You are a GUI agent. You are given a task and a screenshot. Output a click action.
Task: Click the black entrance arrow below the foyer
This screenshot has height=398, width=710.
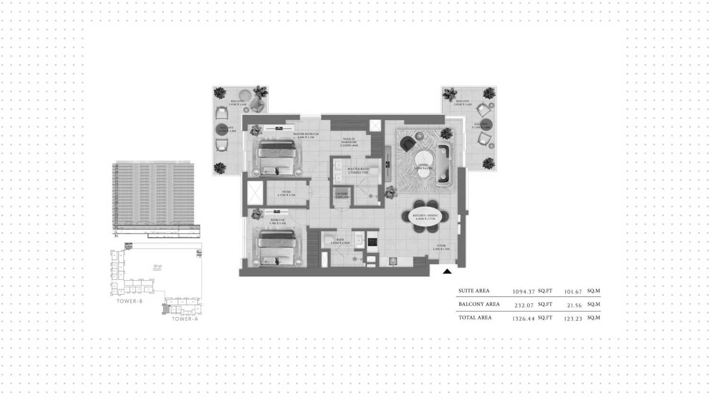[x=447, y=271]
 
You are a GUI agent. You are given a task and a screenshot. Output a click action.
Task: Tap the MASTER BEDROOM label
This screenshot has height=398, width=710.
[x=306, y=134]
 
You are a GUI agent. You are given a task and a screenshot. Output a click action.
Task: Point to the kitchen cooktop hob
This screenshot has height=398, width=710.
[x=373, y=242]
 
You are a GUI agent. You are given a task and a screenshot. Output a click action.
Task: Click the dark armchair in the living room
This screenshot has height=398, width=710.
[x=407, y=143]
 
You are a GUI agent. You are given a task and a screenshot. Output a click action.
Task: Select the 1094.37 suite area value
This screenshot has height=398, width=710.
[x=524, y=292]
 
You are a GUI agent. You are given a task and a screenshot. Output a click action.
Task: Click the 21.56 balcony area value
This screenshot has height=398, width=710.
[x=574, y=305]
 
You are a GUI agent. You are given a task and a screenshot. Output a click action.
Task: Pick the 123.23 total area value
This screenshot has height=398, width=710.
[x=573, y=319]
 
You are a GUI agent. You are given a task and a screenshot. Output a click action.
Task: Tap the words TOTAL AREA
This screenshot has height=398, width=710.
[x=475, y=318]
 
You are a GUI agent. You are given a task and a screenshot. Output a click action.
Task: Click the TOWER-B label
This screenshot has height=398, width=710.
[x=130, y=301]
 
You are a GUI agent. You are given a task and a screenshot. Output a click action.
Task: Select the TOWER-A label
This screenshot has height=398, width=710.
[x=185, y=319]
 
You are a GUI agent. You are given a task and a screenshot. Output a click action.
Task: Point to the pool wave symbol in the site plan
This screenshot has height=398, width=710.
[x=157, y=268]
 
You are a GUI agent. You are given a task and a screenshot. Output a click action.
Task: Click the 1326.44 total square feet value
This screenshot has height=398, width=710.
[x=524, y=319]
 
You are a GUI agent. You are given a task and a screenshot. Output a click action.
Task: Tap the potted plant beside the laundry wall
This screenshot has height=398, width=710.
[x=391, y=192]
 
